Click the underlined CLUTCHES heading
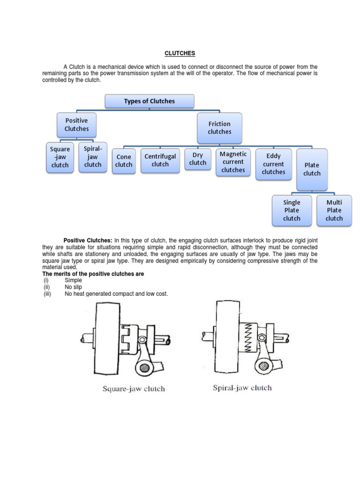(x=180, y=53)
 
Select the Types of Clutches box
(x=150, y=101)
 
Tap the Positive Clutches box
(x=76, y=125)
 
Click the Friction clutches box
(x=219, y=128)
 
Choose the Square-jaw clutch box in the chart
(x=60, y=157)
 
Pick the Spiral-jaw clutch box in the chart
(x=93, y=157)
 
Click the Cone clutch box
(x=124, y=161)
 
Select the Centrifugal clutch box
(x=160, y=160)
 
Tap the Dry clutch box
(x=198, y=159)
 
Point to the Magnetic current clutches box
(x=233, y=162)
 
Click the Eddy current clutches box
(x=273, y=164)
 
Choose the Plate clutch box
(x=312, y=170)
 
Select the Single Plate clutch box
(x=292, y=210)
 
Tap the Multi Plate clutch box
(x=334, y=210)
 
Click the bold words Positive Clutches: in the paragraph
(x=88, y=240)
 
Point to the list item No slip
(x=73, y=287)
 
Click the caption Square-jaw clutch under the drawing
(x=134, y=389)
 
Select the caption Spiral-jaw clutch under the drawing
(x=242, y=388)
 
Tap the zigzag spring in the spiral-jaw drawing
(x=248, y=337)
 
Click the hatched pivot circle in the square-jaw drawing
(x=144, y=367)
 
